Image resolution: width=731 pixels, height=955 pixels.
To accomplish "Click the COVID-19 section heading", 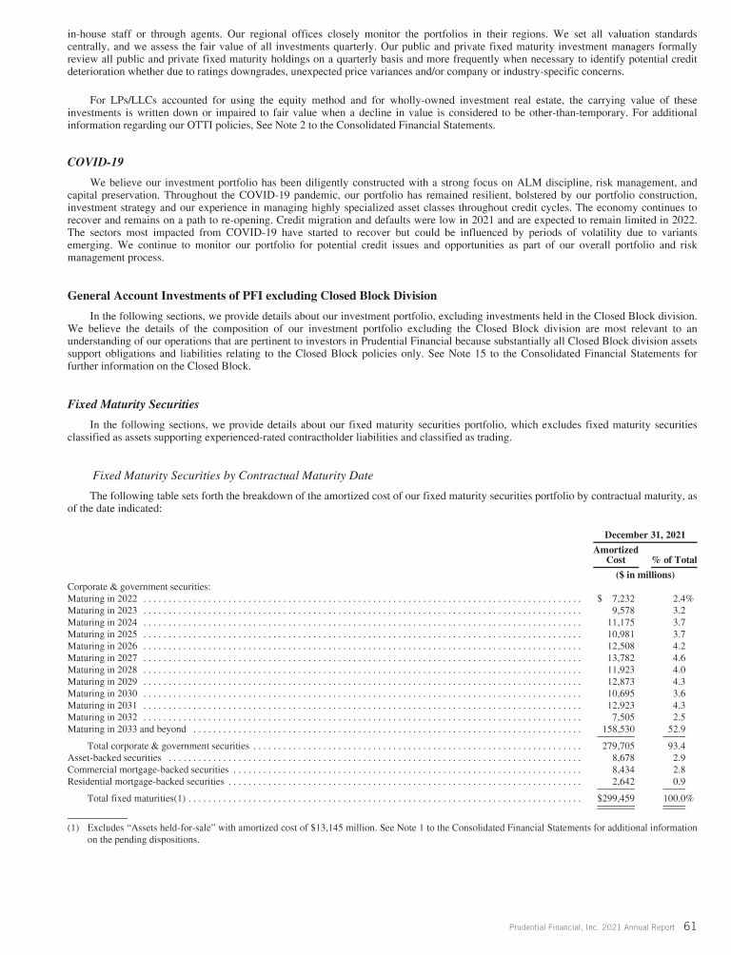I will [x=93, y=163].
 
